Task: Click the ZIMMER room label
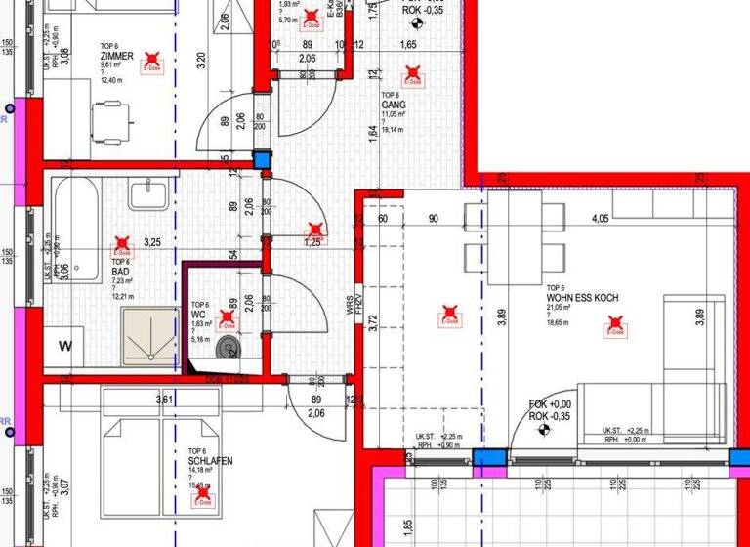click(116, 57)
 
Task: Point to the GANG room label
click(393, 105)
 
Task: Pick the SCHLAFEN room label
click(211, 460)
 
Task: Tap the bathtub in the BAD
click(73, 220)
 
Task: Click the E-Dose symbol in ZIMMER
click(152, 63)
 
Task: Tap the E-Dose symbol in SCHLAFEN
click(204, 497)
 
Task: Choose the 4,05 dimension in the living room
click(600, 219)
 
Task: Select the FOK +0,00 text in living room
click(550, 404)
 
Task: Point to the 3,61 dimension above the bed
click(164, 399)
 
